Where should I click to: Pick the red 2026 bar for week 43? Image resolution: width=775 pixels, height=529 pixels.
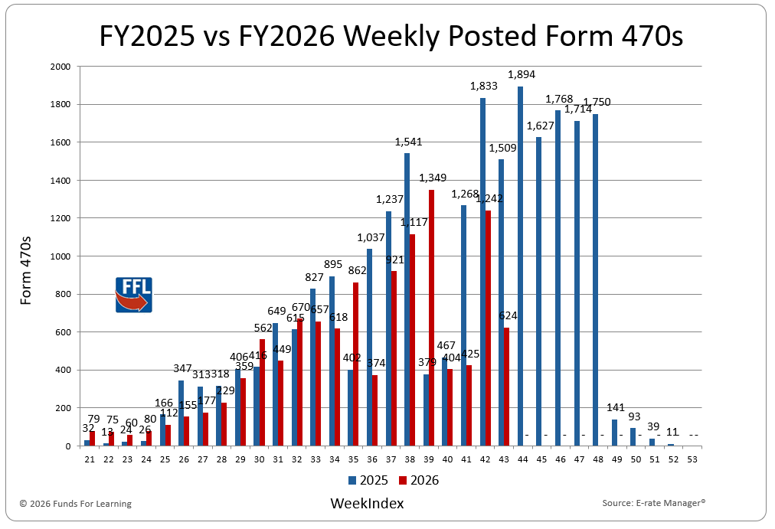506,387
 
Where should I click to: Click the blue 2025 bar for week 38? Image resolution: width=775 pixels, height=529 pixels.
407,299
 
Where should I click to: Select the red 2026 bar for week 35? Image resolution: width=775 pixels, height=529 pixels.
356,364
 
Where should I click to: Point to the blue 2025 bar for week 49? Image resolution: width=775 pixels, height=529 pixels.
614,433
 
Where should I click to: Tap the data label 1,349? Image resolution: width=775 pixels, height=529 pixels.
433,178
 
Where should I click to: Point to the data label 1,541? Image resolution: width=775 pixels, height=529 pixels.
408,142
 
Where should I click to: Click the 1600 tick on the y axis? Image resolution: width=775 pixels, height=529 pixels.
60,142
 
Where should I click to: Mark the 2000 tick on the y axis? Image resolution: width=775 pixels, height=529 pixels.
60,67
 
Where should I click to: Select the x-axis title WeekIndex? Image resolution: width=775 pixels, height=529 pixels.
367,503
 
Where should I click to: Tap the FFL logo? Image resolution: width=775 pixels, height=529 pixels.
133,295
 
